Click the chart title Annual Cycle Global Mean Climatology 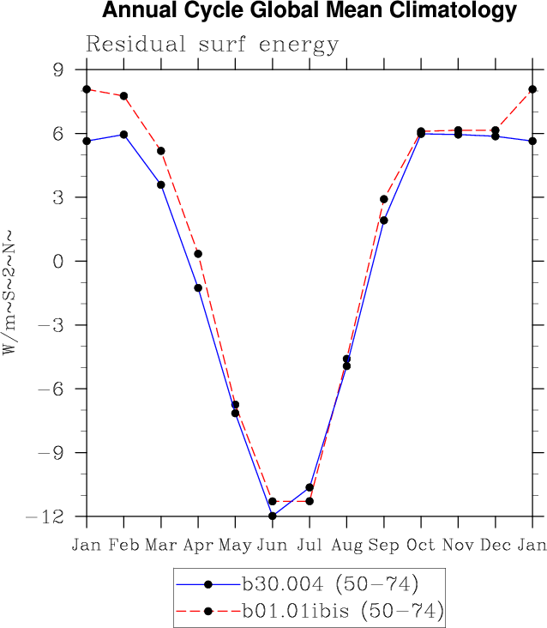coord(309,11)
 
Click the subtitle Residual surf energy coord(212,45)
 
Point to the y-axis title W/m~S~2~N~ coord(9,291)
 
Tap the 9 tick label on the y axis coord(59,70)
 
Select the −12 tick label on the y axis coord(47,516)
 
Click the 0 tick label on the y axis coord(59,261)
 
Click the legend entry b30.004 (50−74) coord(329,585)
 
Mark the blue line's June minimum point coord(273,516)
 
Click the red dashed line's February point coord(124,96)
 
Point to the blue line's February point coord(124,135)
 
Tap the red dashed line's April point coord(198,253)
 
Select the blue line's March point coord(161,184)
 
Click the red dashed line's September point coord(384,199)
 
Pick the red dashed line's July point coord(310,501)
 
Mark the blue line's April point coord(198,287)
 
